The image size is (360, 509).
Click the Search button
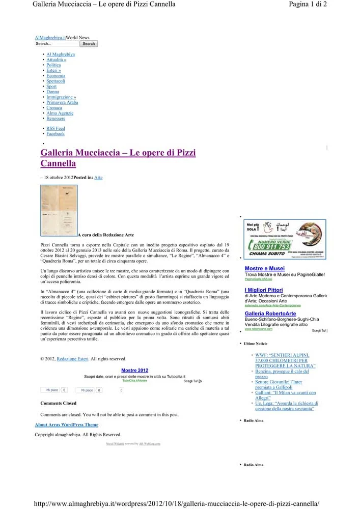(89, 44)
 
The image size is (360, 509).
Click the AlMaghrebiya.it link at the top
(50, 38)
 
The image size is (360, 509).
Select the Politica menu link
(53, 65)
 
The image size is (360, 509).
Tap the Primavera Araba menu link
(62, 102)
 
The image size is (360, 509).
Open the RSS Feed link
(56, 129)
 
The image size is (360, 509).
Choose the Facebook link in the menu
(56, 134)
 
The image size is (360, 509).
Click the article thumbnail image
(59, 210)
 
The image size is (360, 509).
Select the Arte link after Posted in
(98, 178)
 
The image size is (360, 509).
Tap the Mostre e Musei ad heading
(265, 269)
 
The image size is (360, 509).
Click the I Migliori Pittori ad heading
(264, 290)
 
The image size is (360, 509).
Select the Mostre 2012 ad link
(135, 370)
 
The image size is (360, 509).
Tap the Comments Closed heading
(58, 403)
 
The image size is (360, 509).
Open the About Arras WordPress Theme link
(66, 425)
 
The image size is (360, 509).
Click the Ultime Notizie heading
(256, 344)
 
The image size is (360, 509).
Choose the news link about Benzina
(282, 374)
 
